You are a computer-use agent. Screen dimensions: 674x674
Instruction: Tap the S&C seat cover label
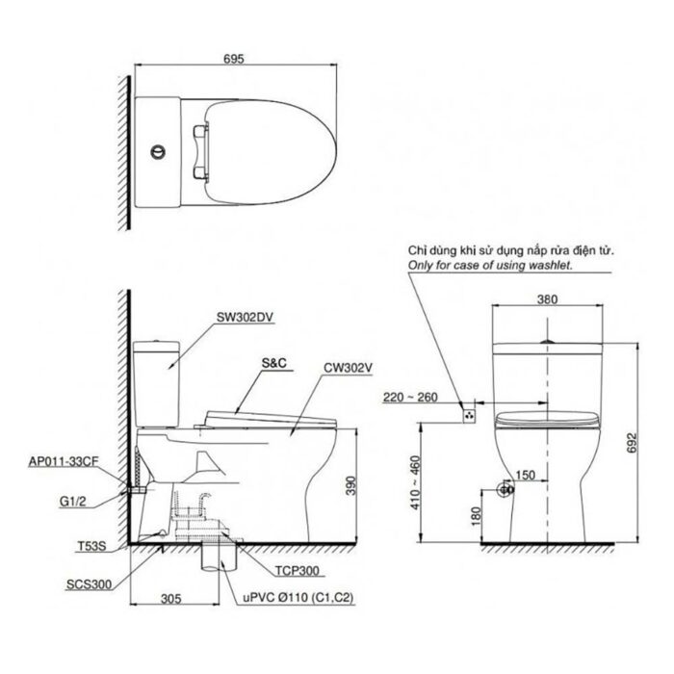coord(275,365)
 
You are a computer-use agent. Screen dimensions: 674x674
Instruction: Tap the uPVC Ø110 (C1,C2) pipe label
coord(286,599)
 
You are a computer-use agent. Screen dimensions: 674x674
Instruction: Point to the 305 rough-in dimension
coord(170,598)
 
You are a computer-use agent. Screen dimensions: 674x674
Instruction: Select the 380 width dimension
coord(546,298)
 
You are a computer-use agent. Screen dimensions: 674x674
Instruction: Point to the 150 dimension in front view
coord(527,475)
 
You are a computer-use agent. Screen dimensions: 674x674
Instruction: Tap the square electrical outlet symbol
coord(469,415)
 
